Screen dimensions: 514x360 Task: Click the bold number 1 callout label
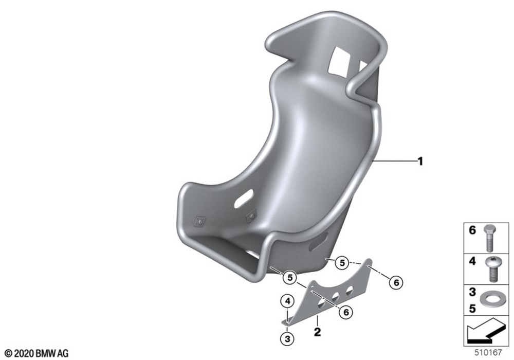click(x=420, y=161)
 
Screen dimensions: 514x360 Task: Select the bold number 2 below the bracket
click(x=317, y=332)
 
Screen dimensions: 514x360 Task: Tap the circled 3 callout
click(x=287, y=339)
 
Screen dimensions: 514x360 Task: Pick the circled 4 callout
click(x=287, y=301)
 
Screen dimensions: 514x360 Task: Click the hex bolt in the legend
click(x=490, y=238)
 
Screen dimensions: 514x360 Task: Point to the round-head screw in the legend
click(x=491, y=269)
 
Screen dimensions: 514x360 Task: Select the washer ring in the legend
click(x=489, y=300)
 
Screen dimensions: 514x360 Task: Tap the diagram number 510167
click(x=488, y=352)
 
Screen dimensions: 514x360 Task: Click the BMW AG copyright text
click(x=36, y=353)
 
